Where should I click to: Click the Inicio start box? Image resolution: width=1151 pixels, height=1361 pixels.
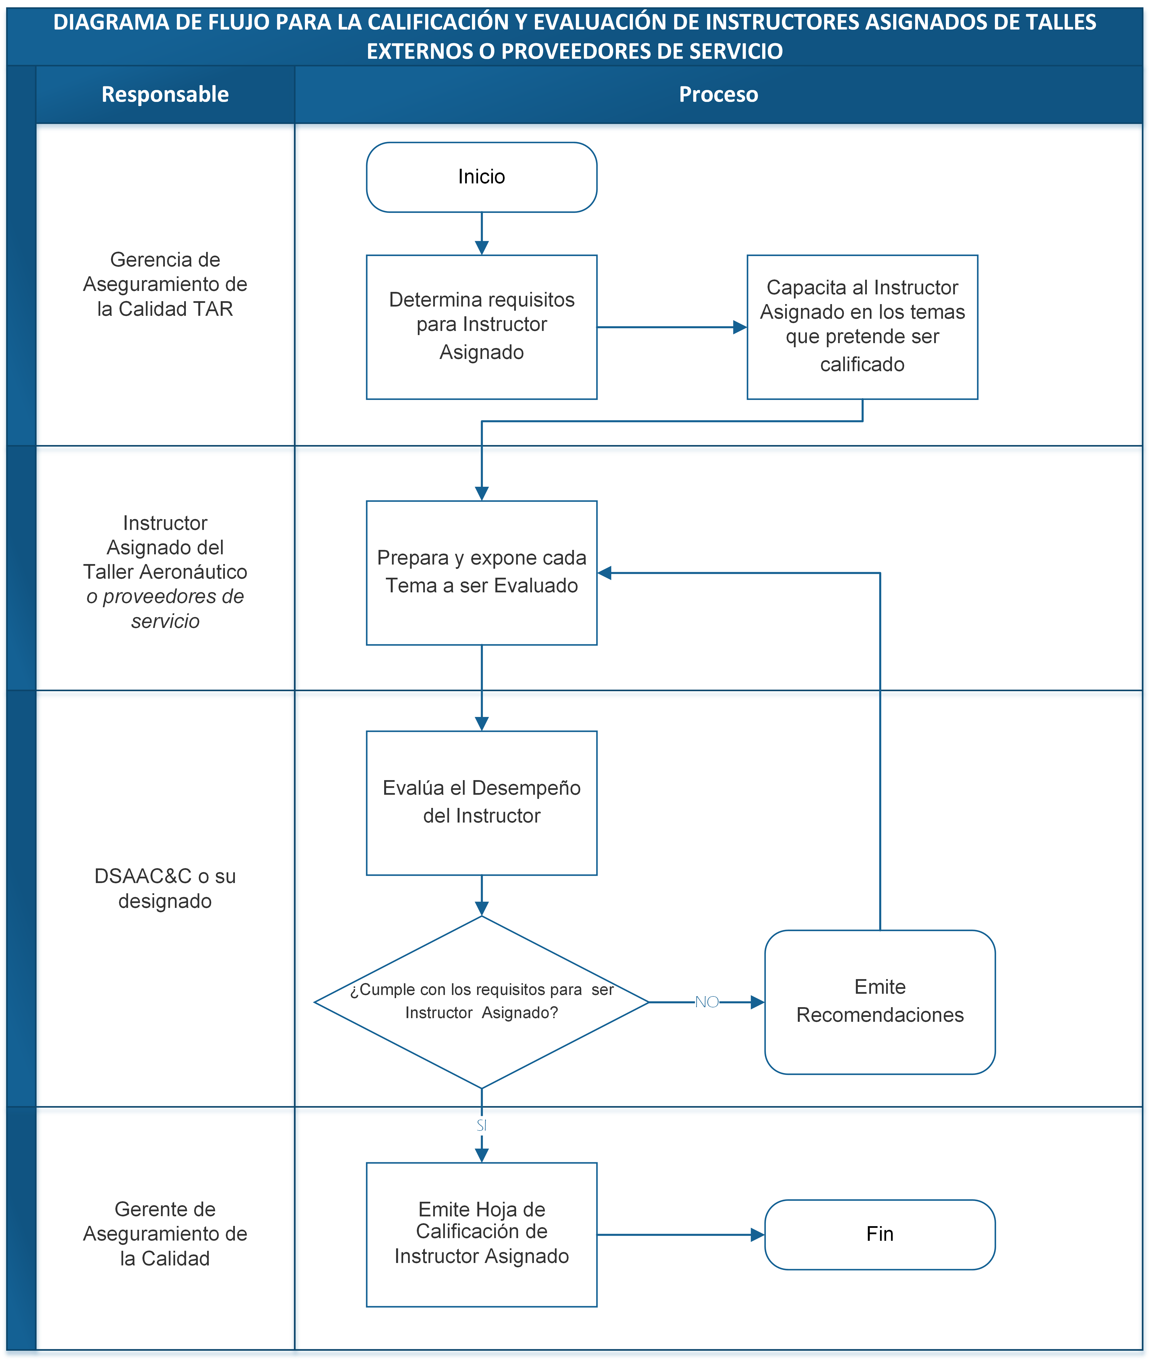pyautogui.click(x=481, y=177)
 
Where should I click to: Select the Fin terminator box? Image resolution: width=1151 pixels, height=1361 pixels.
pyautogui.click(x=880, y=1234)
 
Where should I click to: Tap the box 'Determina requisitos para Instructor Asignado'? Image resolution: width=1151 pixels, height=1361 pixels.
pyautogui.click(x=481, y=326)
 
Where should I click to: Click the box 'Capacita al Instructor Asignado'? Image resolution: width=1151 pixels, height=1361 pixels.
pyautogui.click(x=862, y=326)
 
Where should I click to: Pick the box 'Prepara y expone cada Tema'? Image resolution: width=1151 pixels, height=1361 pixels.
pyautogui.click(x=481, y=572)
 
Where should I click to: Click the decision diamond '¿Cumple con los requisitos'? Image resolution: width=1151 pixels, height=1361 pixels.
pyautogui.click(x=481, y=1002)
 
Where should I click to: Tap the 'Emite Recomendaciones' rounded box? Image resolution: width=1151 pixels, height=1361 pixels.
pyautogui.click(x=880, y=1002)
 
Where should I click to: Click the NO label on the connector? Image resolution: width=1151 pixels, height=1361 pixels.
pyautogui.click(x=707, y=1002)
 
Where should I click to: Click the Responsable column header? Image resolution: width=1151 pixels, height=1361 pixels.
pyautogui.click(x=165, y=95)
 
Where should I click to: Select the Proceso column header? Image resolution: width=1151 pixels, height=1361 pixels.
pyautogui.click(x=718, y=95)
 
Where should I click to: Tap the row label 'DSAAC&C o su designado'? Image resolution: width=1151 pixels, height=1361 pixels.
pyautogui.click(x=165, y=888)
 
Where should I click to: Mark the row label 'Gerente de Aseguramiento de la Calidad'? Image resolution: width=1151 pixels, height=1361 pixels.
pyautogui.click(x=165, y=1234)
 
